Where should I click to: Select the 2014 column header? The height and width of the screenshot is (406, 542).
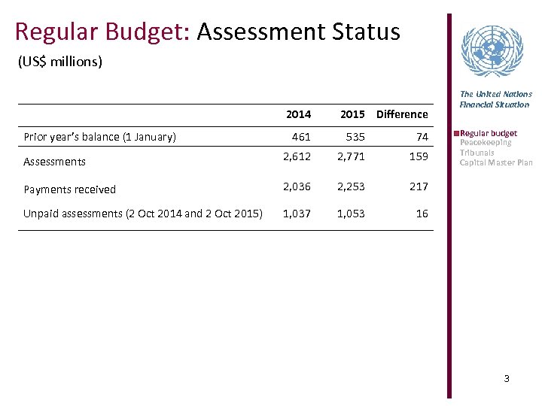(x=298, y=114)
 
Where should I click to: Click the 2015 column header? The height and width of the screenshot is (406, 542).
(x=352, y=114)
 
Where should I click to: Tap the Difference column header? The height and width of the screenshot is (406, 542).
(x=402, y=114)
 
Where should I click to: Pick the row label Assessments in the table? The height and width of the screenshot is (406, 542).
(x=54, y=162)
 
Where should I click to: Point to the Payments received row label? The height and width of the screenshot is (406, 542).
(x=69, y=189)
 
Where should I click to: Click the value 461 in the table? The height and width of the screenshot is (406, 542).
(x=301, y=137)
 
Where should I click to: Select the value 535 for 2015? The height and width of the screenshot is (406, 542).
(x=355, y=137)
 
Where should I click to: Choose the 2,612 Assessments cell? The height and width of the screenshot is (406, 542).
(x=297, y=156)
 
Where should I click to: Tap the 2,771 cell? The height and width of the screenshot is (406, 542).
(x=351, y=156)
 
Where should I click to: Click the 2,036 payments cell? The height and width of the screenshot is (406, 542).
(x=297, y=186)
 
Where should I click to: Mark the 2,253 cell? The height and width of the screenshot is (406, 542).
(x=351, y=186)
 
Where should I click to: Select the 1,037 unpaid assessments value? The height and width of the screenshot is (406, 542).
(x=297, y=214)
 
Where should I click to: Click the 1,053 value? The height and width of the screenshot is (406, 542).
(x=351, y=214)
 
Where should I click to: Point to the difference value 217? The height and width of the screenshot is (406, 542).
(x=419, y=186)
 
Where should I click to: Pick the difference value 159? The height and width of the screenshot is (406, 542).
(x=419, y=156)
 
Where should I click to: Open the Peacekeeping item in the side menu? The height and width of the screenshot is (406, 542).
(x=486, y=143)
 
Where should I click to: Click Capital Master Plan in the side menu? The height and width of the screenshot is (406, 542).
(x=496, y=162)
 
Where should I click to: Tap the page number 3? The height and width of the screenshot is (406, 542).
(x=507, y=378)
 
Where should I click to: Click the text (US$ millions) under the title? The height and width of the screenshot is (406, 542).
(x=59, y=62)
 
